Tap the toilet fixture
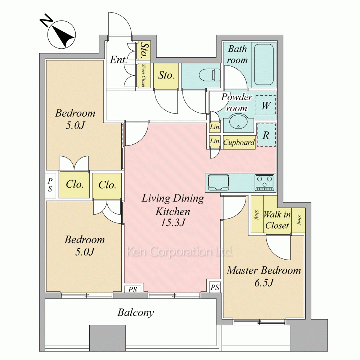(x=210, y=75)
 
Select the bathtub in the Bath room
(x=264, y=65)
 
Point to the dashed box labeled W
(x=266, y=105)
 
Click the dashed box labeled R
(x=266, y=135)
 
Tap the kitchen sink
(x=218, y=183)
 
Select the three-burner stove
(x=265, y=183)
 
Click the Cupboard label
(x=239, y=143)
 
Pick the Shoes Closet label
(x=144, y=75)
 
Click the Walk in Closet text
(x=277, y=220)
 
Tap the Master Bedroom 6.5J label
(x=264, y=276)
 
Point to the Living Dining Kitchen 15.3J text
(x=173, y=210)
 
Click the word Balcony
(x=136, y=313)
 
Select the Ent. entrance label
(x=118, y=60)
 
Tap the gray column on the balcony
(x=107, y=338)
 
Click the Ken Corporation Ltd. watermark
(x=180, y=252)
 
